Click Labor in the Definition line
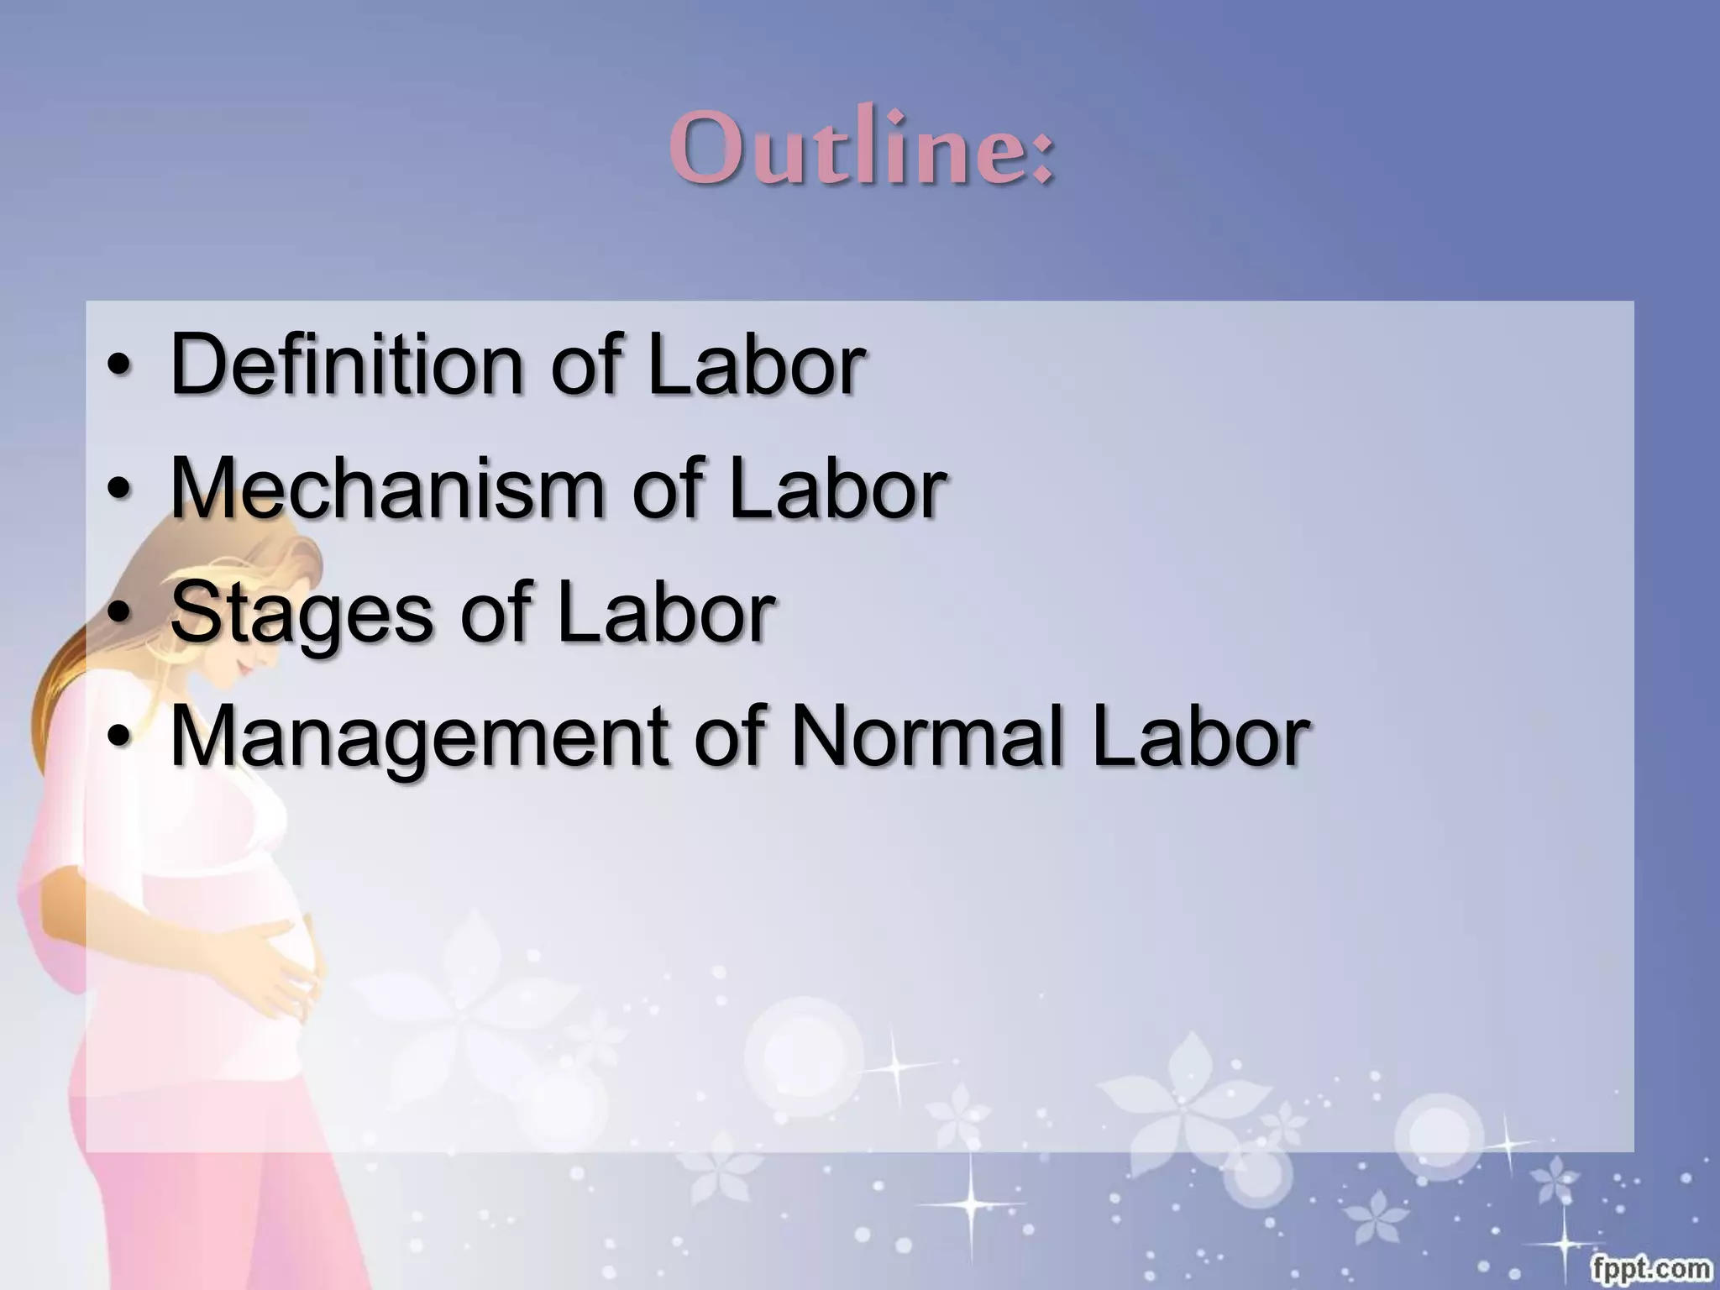point(756,364)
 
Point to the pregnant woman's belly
point(252,941)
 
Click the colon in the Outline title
point(1041,156)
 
